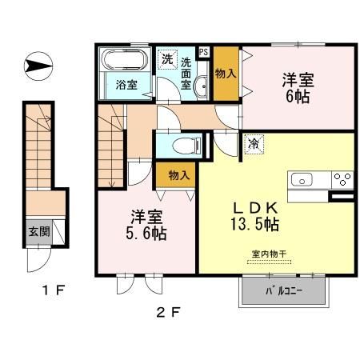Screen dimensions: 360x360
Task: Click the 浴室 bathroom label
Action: click(x=126, y=84)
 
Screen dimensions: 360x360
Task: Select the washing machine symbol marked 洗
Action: click(x=167, y=58)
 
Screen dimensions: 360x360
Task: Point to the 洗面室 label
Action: click(x=186, y=73)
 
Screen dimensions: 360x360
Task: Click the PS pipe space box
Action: click(x=204, y=53)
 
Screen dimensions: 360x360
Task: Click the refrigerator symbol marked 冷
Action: click(x=253, y=145)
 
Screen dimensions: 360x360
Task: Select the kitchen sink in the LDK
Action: click(x=305, y=178)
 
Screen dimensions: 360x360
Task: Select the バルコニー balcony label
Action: click(x=283, y=293)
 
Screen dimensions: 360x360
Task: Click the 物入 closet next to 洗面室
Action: click(x=225, y=73)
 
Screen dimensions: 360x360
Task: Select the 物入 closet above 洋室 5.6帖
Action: click(x=178, y=174)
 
